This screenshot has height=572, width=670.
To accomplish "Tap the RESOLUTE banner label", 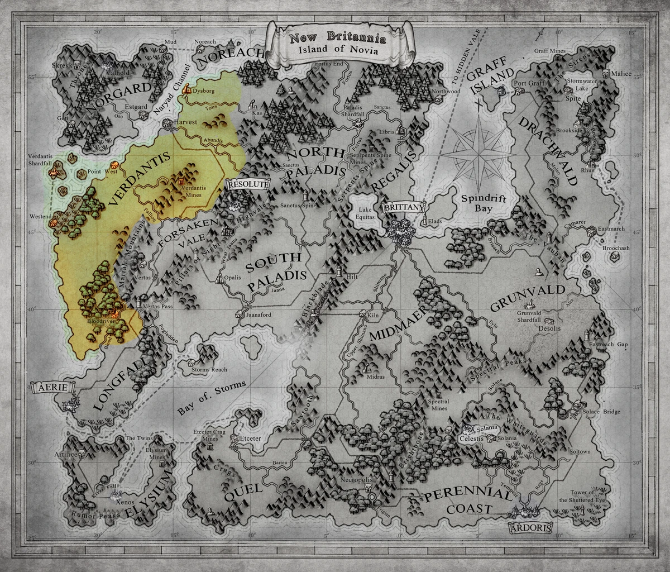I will [248, 183].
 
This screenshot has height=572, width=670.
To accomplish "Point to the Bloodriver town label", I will [100, 322].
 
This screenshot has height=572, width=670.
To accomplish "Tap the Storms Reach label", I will [209, 370].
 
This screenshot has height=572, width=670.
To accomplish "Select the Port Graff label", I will [529, 84].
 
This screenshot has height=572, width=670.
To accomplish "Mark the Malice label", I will [621, 74].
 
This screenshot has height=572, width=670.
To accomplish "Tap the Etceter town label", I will [250, 438].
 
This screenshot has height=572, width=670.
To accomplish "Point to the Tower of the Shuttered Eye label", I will [587, 496].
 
